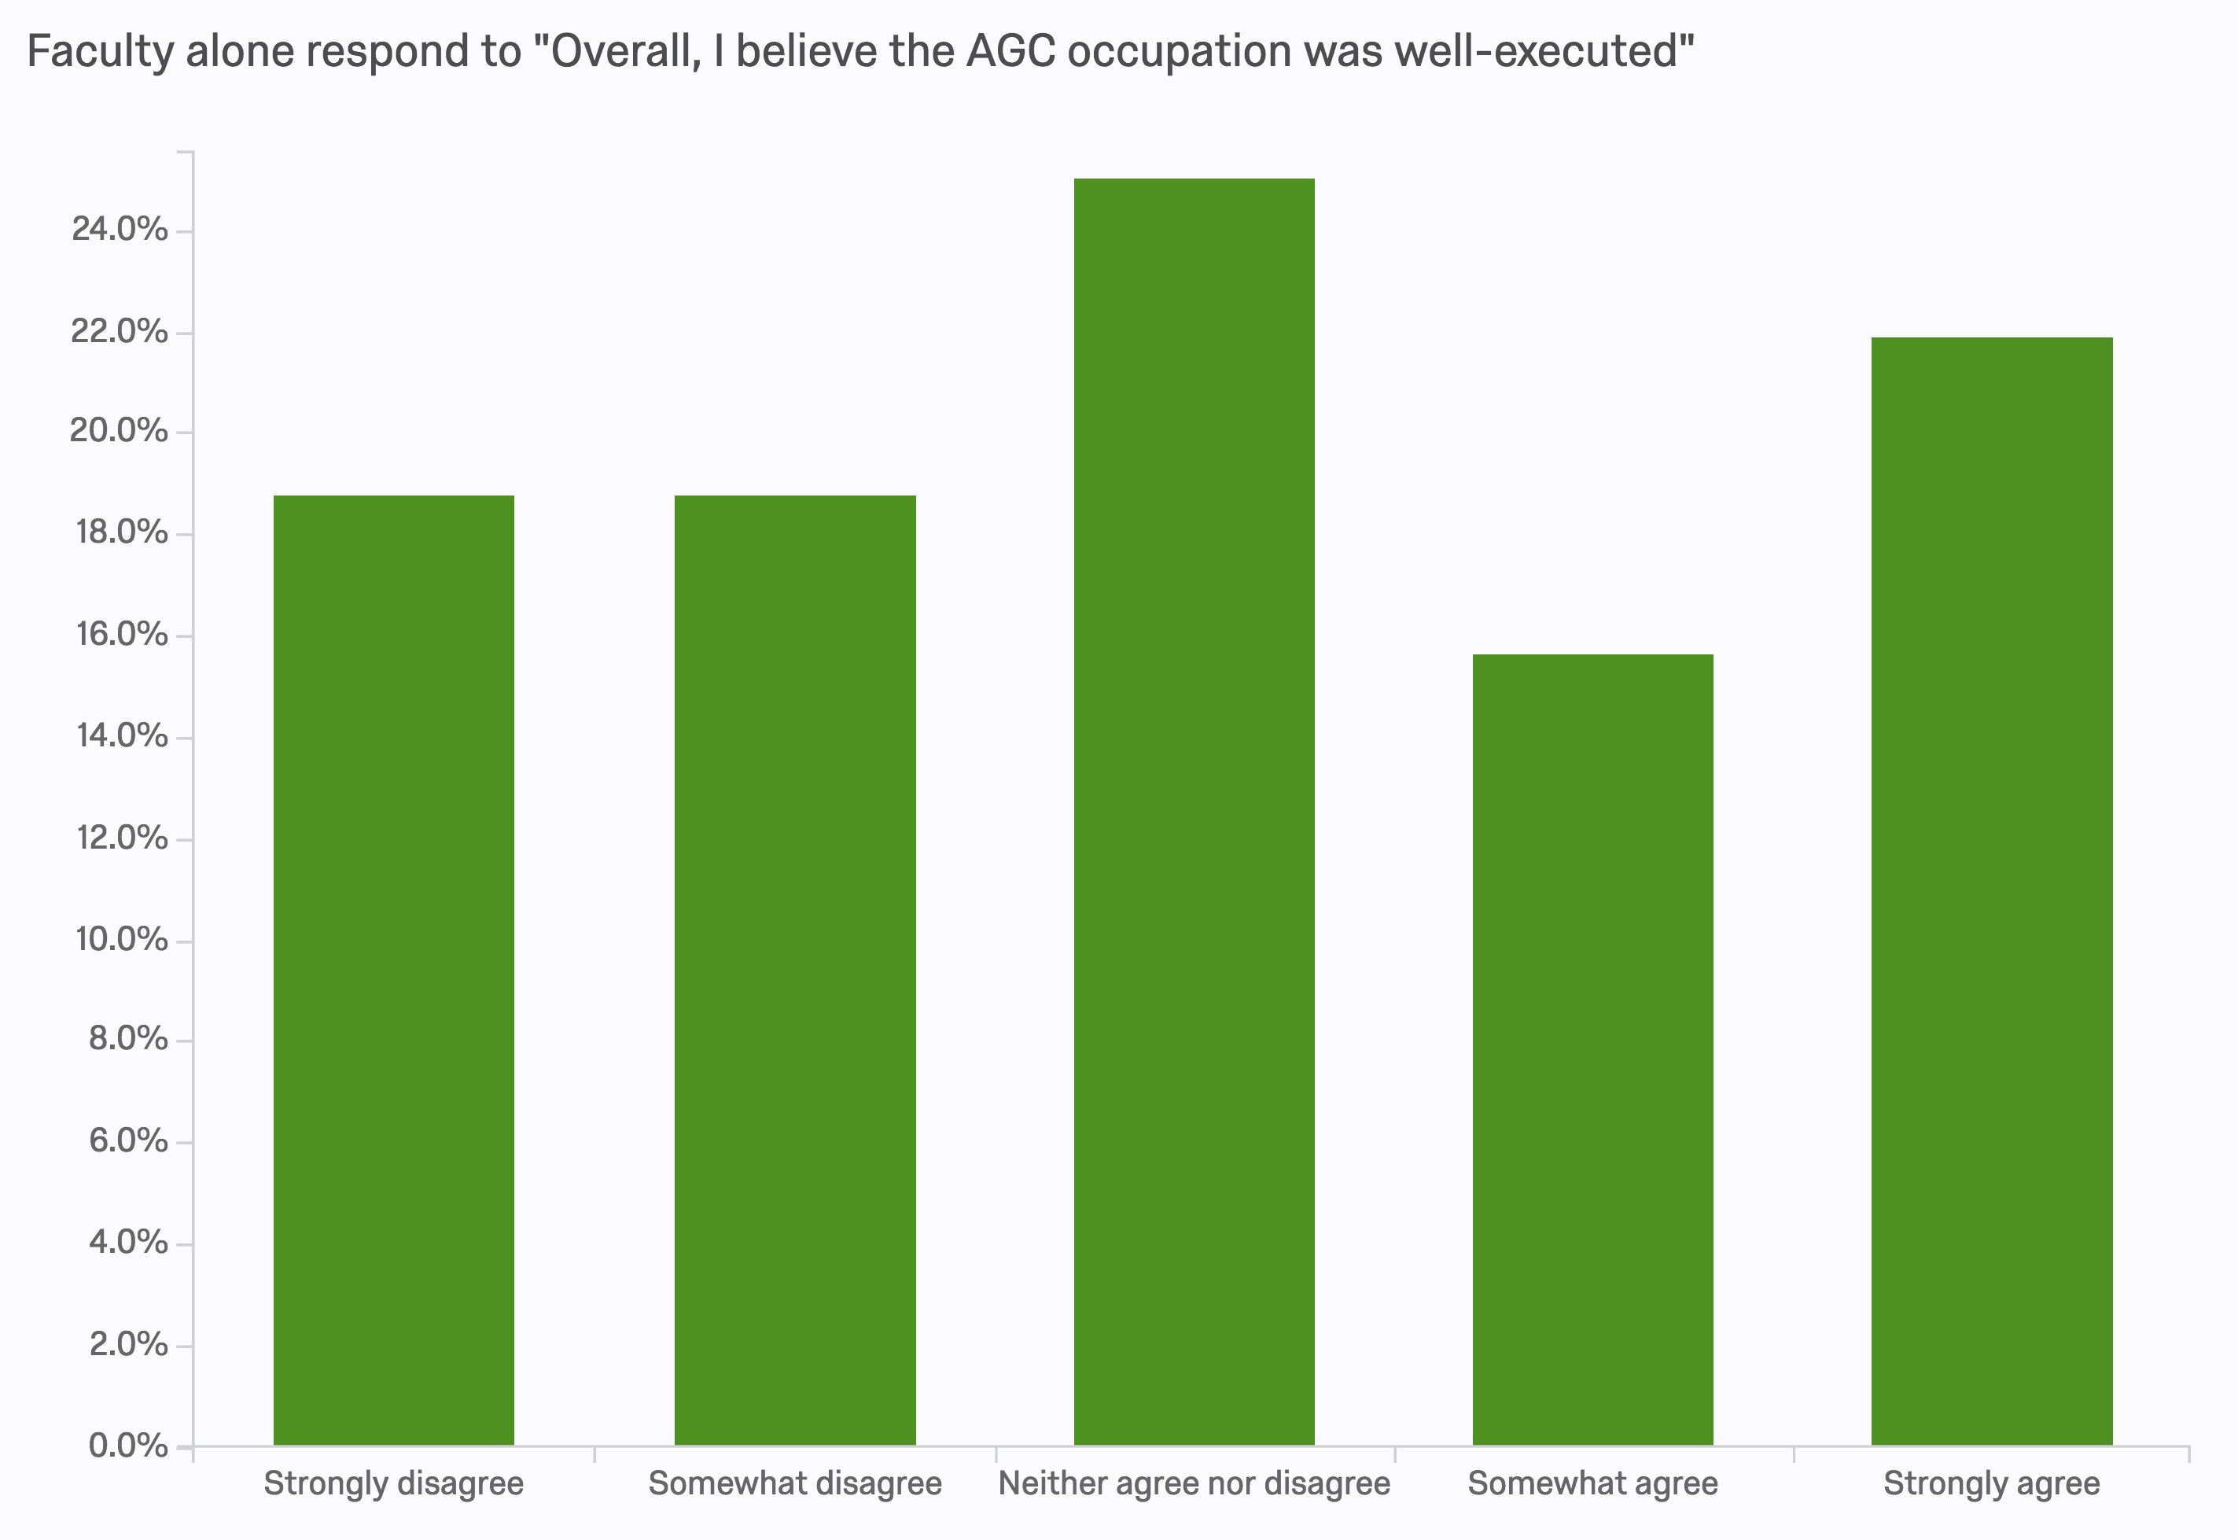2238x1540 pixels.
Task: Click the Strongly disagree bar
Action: click(394, 970)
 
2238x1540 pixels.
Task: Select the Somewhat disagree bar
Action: click(795, 970)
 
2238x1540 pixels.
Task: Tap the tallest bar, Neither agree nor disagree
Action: click(1194, 812)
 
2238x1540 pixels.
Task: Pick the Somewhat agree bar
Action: click(1592, 1050)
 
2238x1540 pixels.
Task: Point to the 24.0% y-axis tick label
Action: click(120, 230)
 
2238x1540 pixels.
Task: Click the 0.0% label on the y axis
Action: click(128, 1446)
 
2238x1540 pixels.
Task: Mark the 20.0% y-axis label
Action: click(119, 430)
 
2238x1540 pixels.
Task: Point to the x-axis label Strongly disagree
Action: click(394, 1483)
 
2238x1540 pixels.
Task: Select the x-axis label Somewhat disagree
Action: click(795, 1483)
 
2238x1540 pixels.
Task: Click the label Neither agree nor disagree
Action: click(1194, 1483)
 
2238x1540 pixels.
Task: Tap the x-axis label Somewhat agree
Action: click(1592, 1483)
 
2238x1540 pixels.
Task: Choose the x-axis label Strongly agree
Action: click(1992, 1483)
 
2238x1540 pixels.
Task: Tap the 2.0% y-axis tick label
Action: click(128, 1344)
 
